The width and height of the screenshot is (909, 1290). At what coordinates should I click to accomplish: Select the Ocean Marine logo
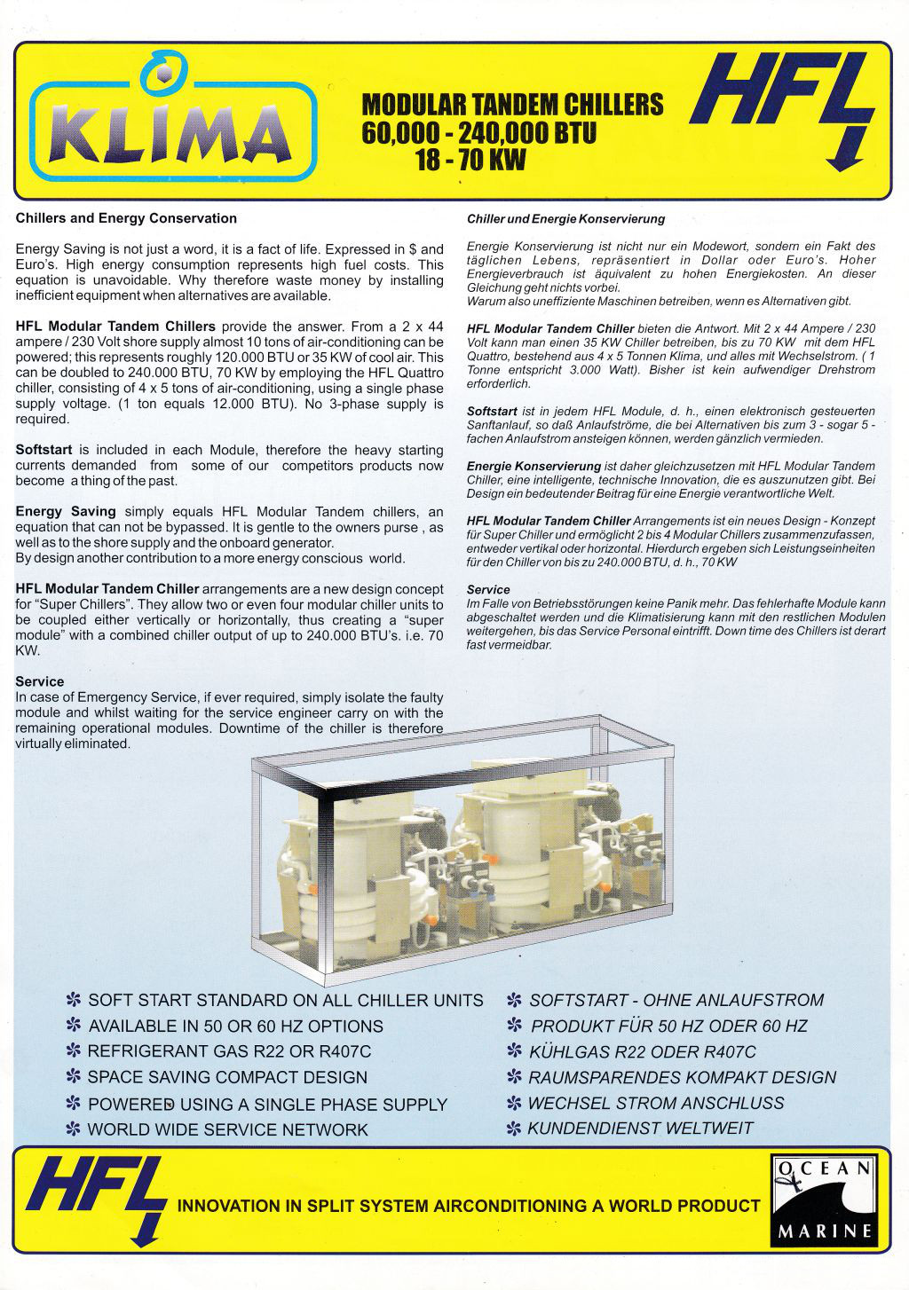(x=823, y=1200)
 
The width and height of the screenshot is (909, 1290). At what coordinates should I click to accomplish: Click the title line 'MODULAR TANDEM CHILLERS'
(x=512, y=105)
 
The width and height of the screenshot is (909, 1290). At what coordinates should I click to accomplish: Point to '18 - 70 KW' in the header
(x=470, y=161)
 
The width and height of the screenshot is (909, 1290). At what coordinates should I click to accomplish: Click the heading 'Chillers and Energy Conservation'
(x=126, y=218)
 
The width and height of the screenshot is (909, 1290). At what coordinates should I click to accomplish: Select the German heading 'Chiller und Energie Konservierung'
(x=565, y=219)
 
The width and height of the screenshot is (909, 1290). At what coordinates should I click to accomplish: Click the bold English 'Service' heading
(x=40, y=681)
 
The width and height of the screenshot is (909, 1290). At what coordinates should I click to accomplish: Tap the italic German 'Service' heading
(x=488, y=589)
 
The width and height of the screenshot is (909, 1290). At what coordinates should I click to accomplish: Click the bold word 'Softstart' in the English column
(x=43, y=450)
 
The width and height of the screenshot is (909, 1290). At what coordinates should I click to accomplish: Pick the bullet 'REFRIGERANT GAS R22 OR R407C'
(x=229, y=1051)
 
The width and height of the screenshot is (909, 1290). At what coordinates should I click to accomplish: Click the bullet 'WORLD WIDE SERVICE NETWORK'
(x=227, y=1129)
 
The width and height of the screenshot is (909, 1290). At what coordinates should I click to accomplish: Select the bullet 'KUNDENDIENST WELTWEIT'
(x=640, y=1129)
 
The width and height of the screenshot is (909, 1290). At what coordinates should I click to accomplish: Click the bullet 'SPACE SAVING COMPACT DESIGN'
(x=227, y=1077)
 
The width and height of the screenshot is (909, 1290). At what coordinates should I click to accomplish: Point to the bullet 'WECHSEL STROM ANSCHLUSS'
(x=656, y=1103)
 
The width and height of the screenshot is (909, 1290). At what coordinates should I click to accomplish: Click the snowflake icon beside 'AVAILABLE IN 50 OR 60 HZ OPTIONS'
(x=74, y=1026)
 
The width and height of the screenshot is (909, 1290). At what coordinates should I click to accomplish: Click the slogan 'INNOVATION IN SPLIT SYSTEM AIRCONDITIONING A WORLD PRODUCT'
(x=469, y=1206)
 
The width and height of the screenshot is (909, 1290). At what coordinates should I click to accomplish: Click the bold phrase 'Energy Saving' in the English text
(x=66, y=512)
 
